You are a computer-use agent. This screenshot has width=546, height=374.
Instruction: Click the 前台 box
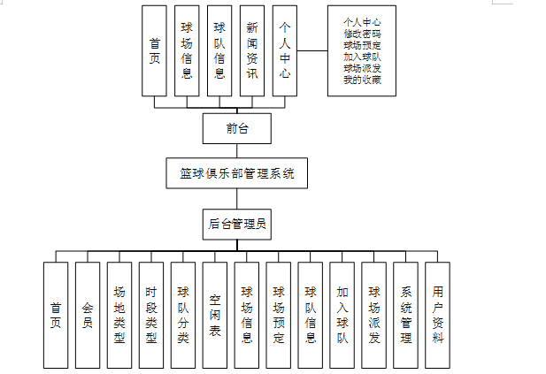[x=236, y=128]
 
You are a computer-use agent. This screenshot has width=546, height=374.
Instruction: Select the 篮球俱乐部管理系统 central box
[x=236, y=172]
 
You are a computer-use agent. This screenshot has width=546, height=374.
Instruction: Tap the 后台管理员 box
[x=236, y=224]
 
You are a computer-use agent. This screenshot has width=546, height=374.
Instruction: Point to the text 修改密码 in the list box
[x=360, y=32]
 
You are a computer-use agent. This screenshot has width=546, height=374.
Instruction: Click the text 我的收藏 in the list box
[x=360, y=79]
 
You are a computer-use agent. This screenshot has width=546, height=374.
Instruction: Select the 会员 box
[x=88, y=314]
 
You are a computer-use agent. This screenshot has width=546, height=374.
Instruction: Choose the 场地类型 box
[x=119, y=314]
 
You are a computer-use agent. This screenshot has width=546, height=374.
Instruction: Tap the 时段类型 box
[x=151, y=314]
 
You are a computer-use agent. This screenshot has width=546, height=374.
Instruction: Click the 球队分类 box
[x=183, y=314]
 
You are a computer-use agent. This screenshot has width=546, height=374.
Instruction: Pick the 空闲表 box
[x=215, y=314]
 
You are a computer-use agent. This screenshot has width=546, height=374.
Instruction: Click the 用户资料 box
[x=438, y=314]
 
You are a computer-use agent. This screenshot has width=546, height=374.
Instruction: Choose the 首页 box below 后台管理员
[x=56, y=314]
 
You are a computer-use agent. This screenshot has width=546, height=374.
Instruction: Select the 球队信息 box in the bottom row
[x=311, y=314]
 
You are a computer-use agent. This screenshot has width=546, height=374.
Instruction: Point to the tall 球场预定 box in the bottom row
[x=279, y=314]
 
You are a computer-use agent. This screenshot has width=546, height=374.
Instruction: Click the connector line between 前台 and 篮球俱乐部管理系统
[x=236, y=150]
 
